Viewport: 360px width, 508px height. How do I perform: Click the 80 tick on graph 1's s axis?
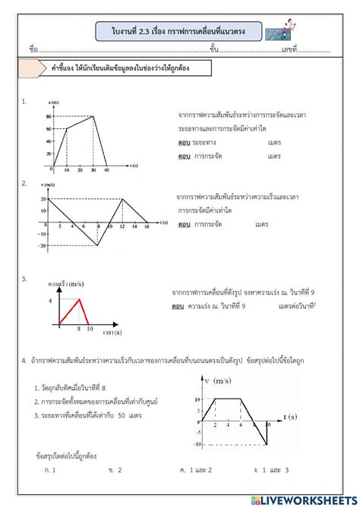pyautogui.click(x=49, y=116)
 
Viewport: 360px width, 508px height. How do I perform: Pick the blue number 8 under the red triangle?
pyautogui.click(x=79, y=330)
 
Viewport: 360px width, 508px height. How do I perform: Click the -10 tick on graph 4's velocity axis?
pyautogui.click(x=197, y=443)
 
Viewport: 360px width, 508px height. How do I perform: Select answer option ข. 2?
pyautogui.click(x=115, y=471)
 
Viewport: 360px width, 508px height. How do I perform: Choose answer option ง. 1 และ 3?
pyautogui.click(x=271, y=471)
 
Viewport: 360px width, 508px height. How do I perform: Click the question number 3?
pyautogui.click(x=25, y=279)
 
